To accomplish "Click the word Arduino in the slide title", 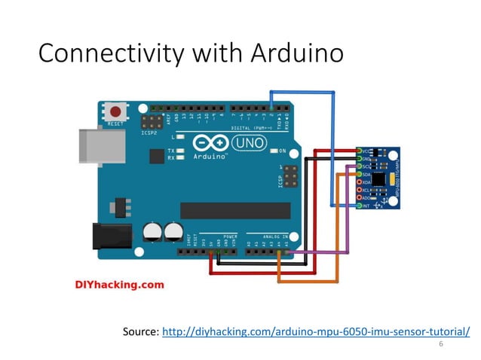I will pyautogui.click(x=296, y=53).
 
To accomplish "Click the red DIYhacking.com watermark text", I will pyautogui.click(x=119, y=285).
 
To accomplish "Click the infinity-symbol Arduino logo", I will pyautogui.click(x=207, y=143).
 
